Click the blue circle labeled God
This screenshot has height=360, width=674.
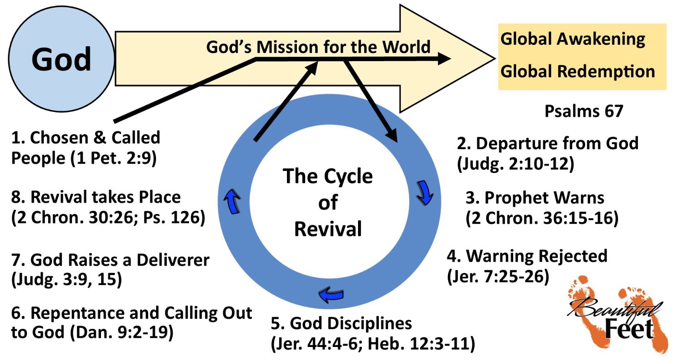tap(61, 59)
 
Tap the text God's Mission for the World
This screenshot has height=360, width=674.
tap(318, 47)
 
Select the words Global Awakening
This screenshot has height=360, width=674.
tap(573, 39)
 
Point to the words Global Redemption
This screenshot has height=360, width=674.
tap(577, 72)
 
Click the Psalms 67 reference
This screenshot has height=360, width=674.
tap(583, 111)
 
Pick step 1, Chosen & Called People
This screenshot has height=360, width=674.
tap(85, 147)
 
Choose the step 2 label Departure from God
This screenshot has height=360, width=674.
tap(547, 144)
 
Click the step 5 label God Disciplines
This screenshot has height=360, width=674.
tap(342, 323)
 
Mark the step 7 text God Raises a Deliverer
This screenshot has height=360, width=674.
tap(111, 260)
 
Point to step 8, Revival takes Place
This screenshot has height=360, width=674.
tap(96, 197)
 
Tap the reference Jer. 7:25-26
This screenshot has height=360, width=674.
tap(498, 276)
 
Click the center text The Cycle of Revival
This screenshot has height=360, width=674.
tap(328, 203)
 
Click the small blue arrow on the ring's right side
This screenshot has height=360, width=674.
tap(424, 194)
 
